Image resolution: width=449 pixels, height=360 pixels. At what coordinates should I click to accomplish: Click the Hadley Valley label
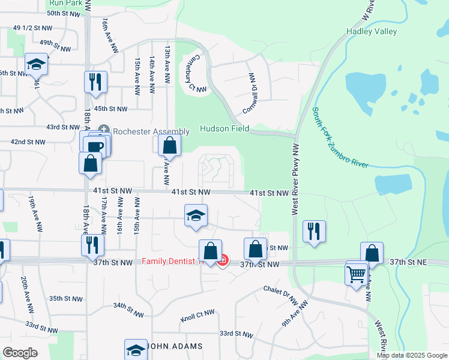[x=371, y=31]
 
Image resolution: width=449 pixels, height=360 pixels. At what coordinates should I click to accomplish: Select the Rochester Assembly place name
[x=142, y=130]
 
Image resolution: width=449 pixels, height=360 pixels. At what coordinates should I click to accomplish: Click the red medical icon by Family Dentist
[x=223, y=261]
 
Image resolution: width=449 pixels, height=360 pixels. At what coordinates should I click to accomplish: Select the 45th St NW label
[x=111, y=109]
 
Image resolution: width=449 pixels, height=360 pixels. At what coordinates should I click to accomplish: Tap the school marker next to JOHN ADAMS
[x=136, y=349]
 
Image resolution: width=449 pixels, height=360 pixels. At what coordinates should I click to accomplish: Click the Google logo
[x=20, y=353]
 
